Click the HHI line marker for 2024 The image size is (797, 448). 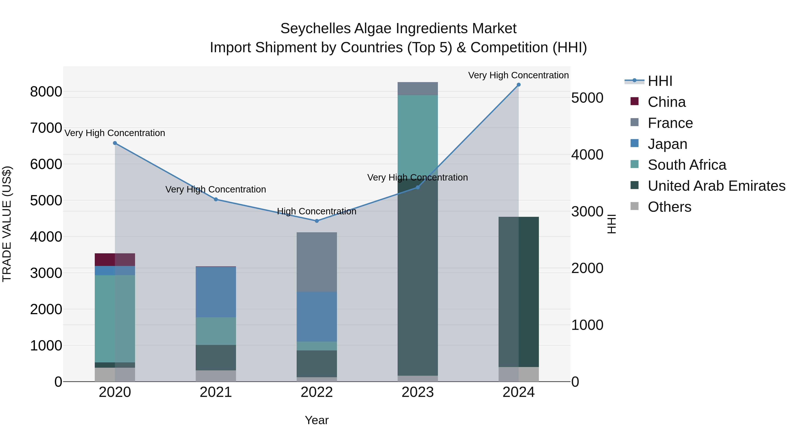coord(518,85)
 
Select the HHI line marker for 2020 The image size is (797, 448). coord(115,143)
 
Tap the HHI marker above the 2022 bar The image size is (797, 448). coord(317,221)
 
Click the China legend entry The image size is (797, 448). coord(666,102)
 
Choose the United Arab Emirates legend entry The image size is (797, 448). coord(716,186)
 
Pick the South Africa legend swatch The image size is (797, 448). coord(634,165)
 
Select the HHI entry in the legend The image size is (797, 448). coord(660,81)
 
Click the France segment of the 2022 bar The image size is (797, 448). coord(317,262)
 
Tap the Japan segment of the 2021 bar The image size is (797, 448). coord(216,292)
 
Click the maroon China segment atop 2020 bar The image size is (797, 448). coord(115,260)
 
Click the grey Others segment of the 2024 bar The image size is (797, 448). coord(518,374)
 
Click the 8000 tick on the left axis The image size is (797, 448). coord(46,92)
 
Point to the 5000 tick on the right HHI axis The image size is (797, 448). coord(587,98)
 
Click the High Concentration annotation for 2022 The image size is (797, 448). coord(317,212)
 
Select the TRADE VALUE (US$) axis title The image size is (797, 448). coord(7,224)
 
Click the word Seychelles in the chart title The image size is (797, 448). coord(315,29)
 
